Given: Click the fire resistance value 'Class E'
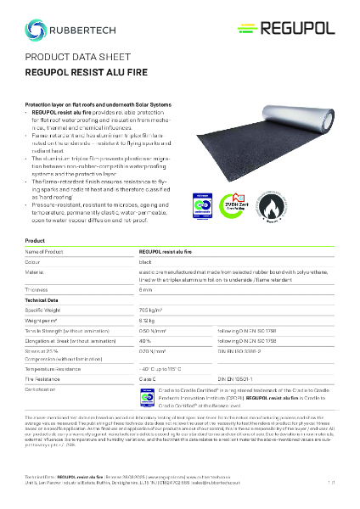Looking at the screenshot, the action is [149, 355].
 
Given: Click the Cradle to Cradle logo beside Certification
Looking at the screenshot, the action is [149, 374].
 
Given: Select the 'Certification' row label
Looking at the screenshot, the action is [43, 366].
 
